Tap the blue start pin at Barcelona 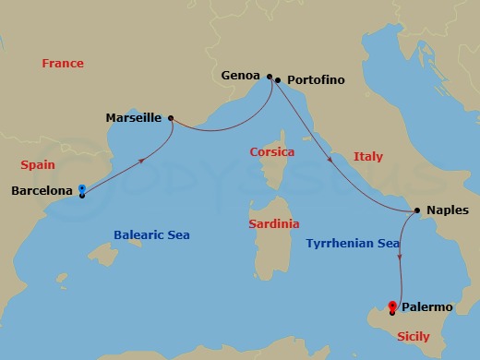[82, 190]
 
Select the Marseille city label [136, 118]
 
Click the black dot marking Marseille [172, 117]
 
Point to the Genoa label [242, 77]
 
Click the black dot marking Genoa [269, 77]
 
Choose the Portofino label [315, 80]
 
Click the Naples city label [448, 210]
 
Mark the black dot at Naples [417, 210]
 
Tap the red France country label [63, 64]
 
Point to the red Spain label [37, 165]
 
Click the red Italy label [367, 157]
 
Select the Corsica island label [272, 151]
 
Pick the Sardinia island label [274, 224]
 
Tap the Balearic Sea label [151, 235]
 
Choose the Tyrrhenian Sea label [352, 243]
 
